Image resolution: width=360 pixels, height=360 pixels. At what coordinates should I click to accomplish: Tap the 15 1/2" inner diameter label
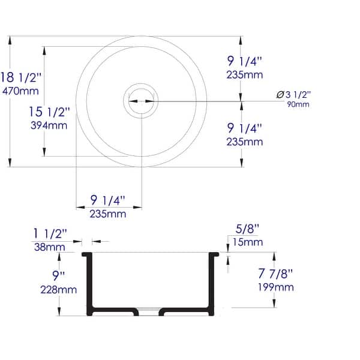(50, 112)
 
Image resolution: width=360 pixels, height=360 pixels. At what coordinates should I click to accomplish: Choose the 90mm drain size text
(298, 104)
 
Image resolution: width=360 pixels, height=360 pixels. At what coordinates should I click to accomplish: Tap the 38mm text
(51, 246)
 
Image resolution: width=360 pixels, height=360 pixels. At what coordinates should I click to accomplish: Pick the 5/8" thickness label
(247, 229)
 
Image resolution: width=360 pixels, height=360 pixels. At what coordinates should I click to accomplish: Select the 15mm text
(247, 242)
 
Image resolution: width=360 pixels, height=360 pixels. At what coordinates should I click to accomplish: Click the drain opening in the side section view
(149, 311)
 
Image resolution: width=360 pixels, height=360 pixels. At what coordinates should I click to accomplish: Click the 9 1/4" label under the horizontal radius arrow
(109, 200)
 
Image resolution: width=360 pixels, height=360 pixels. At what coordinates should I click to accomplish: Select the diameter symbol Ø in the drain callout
(280, 95)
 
